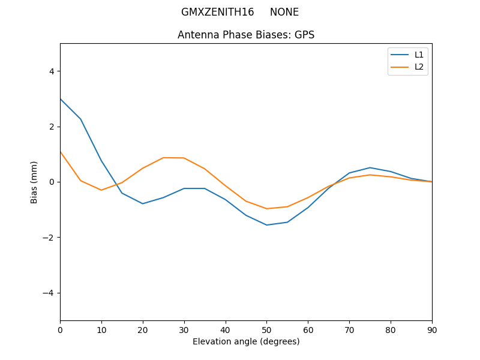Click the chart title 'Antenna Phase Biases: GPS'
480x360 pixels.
pyautogui.click(x=246, y=35)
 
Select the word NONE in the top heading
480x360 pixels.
pyautogui.click(x=284, y=12)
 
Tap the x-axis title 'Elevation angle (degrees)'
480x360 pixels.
pyautogui.click(x=246, y=341)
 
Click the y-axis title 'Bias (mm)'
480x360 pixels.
pyautogui.click(x=34, y=182)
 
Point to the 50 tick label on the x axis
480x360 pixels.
pyautogui.click(x=266, y=329)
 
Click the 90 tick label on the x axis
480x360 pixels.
pyautogui.click(x=432, y=329)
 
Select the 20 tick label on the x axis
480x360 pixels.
pyautogui.click(x=143, y=329)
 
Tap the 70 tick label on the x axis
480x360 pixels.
pyautogui.click(x=349, y=329)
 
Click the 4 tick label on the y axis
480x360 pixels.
pyautogui.click(x=51, y=71)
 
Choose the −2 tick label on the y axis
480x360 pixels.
pyautogui.click(x=49, y=238)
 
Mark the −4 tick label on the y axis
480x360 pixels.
pyautogui.click(x=49, y=293)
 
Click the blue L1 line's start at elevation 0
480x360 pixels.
pyautogui.click(x=60, y=99)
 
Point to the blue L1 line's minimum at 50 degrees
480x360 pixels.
pyautogui.click(x=266, y=225)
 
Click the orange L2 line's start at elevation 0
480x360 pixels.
pyautogui.click(x=60, y=151)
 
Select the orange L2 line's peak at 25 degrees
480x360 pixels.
pyautogui.click(x=163, y=158)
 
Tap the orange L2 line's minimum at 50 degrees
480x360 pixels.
pyautogui.click(x=266, y=209)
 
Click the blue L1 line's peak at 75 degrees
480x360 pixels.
pyautogui.click(x=370, y=167)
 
